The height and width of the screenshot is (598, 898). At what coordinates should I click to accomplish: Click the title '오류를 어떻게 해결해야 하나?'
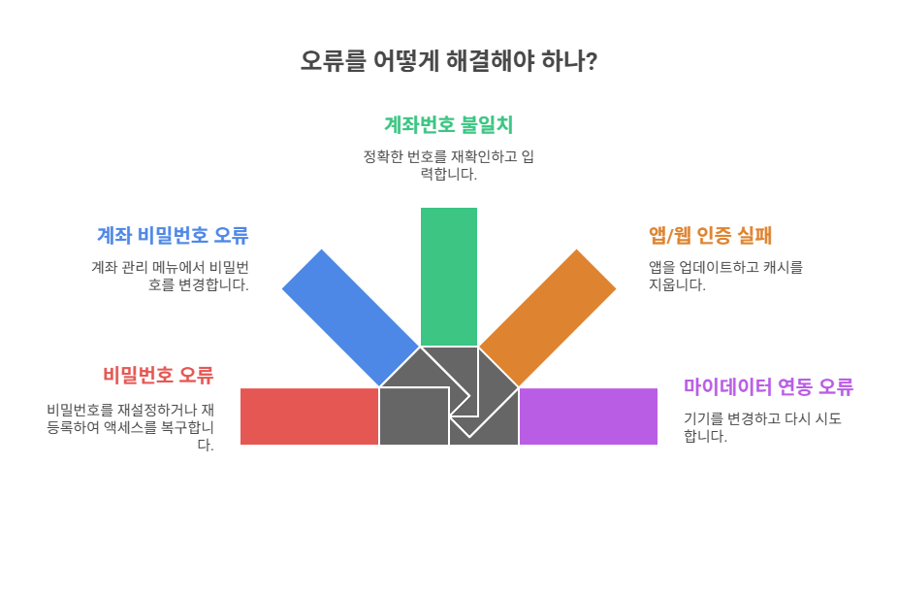448,61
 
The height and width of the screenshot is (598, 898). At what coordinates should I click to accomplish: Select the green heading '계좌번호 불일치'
448,125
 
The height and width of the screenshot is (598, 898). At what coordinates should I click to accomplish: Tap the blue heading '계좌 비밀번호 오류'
173,235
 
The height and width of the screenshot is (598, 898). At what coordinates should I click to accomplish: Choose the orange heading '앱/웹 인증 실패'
710,235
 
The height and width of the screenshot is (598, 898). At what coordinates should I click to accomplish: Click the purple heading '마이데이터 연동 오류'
768,386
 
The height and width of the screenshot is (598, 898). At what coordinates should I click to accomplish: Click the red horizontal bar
308,416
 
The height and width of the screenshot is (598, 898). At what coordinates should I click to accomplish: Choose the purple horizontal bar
588,416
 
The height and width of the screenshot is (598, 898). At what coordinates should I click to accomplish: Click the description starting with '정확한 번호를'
448,165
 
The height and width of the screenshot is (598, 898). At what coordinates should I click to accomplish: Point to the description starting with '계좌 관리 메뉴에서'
170,276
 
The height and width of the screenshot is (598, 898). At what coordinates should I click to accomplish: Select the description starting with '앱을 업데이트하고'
725,276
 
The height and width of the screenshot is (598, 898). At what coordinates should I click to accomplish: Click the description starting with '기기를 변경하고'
761,427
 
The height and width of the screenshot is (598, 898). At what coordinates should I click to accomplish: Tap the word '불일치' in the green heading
487,125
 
